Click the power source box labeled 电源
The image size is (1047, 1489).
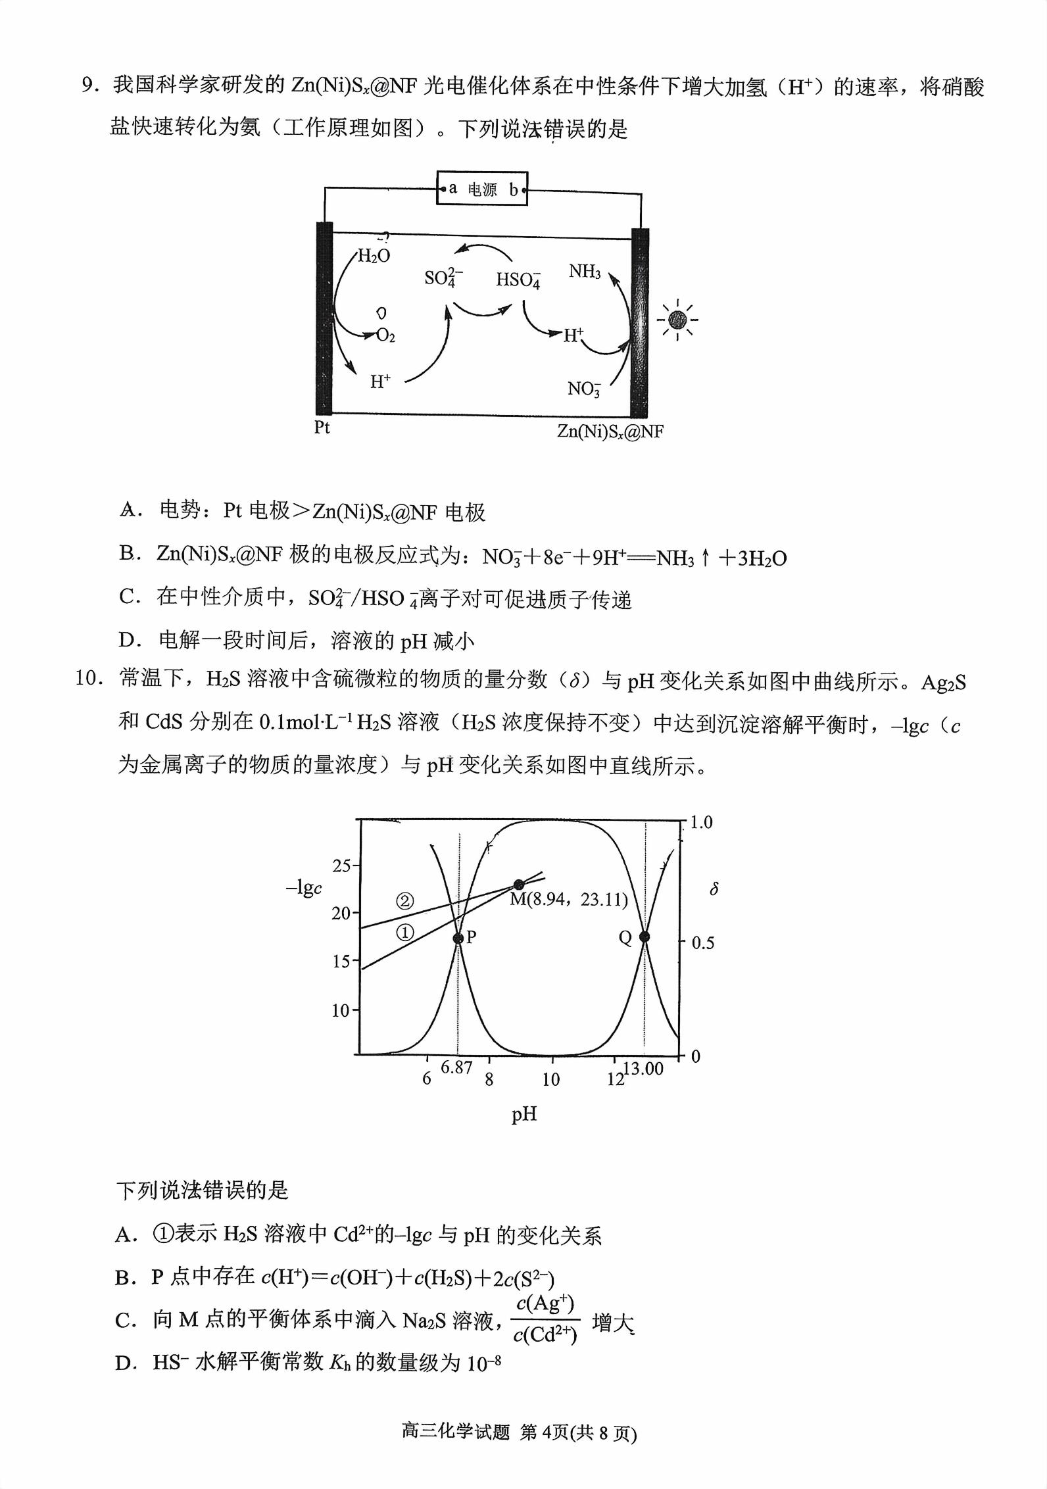(x=482, y=189)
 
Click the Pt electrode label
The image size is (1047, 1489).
(x=322, y=427)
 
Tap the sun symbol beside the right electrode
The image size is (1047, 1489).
(x=677, y=320)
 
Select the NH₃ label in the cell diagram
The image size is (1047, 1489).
(x=584, y=271)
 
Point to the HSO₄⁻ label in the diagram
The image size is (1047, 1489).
(x=518, y=280)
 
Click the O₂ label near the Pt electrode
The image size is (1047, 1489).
(x=385, y=336)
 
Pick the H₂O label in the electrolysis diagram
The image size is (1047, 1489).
(x=374, y=256)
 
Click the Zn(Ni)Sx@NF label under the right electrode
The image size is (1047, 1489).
(x=610, y=431)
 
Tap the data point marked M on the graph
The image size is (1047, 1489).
(x=520, y=884)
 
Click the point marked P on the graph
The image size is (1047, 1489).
(x=458, y=938)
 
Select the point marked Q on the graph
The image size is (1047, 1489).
(x=645, y=937)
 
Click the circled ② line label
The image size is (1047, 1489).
(x=405, y=900)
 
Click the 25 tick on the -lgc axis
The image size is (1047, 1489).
(x=341, y=866)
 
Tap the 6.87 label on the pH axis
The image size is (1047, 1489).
(x=456, y=1067)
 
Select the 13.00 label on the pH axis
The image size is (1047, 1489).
(x=643, y=1069)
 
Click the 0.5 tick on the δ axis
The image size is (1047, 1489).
(x=702, y=943)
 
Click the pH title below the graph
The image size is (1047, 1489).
(x=524, y=1114)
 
